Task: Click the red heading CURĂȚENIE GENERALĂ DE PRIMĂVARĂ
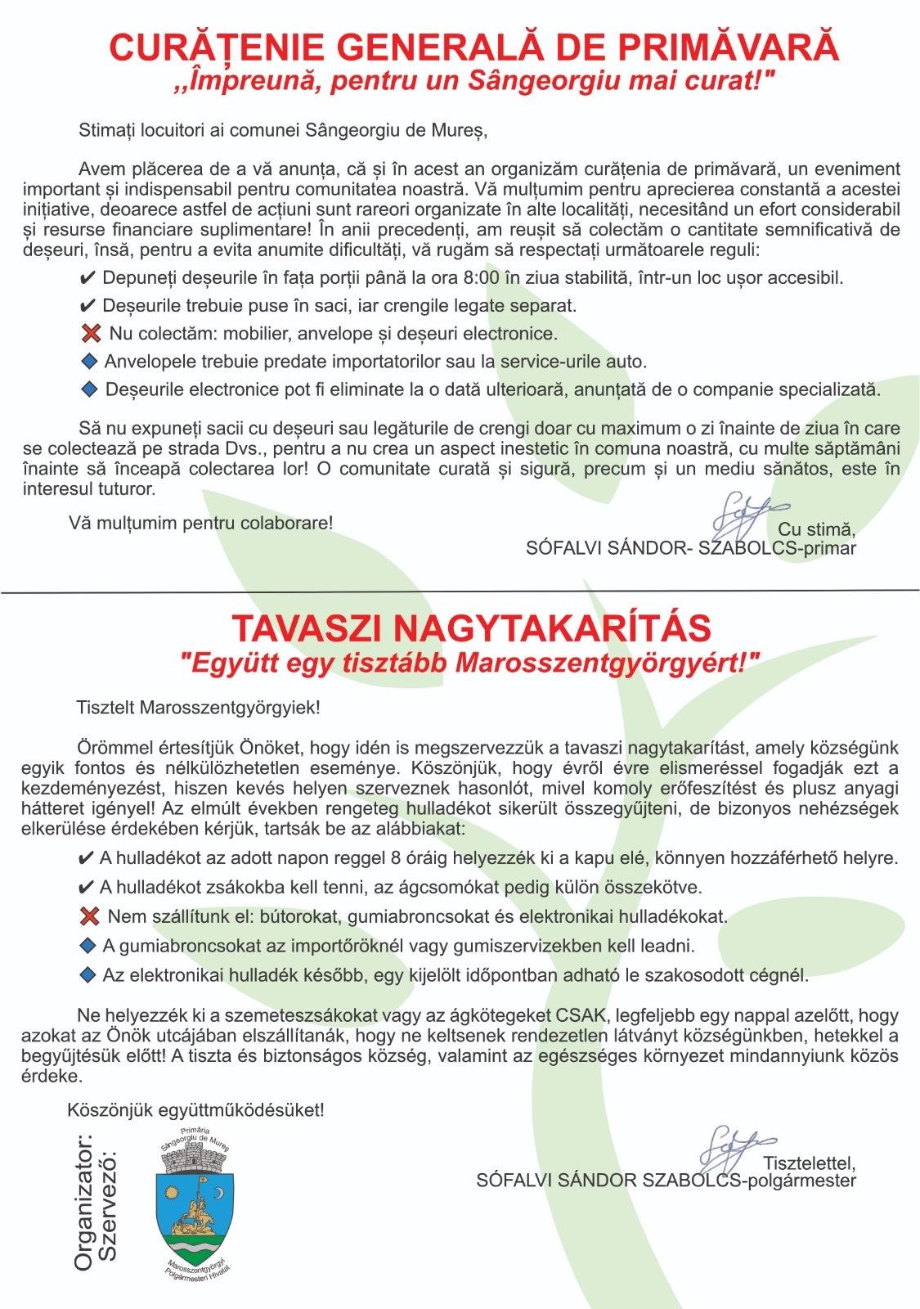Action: click(x=473, y=47)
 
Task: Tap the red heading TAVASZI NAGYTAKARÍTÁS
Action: click(x=471, y=628)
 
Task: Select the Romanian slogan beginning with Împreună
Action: click(x=473, y=82)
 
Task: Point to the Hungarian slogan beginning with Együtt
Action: click(x=469, y=662)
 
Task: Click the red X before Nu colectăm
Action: click(x=91, y=334)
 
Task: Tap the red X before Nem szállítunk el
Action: click(x=88, y=915)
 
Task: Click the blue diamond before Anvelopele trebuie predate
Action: click(x=89, y=361)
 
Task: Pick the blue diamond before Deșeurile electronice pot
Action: click(x=89, y=389)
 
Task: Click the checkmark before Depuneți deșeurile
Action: click(x=88, y=278)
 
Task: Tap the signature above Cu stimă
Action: click(x=741, y=511)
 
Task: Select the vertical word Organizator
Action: click(x=83, y=1202)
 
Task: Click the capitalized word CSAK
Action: click(x=582, y=1015)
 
